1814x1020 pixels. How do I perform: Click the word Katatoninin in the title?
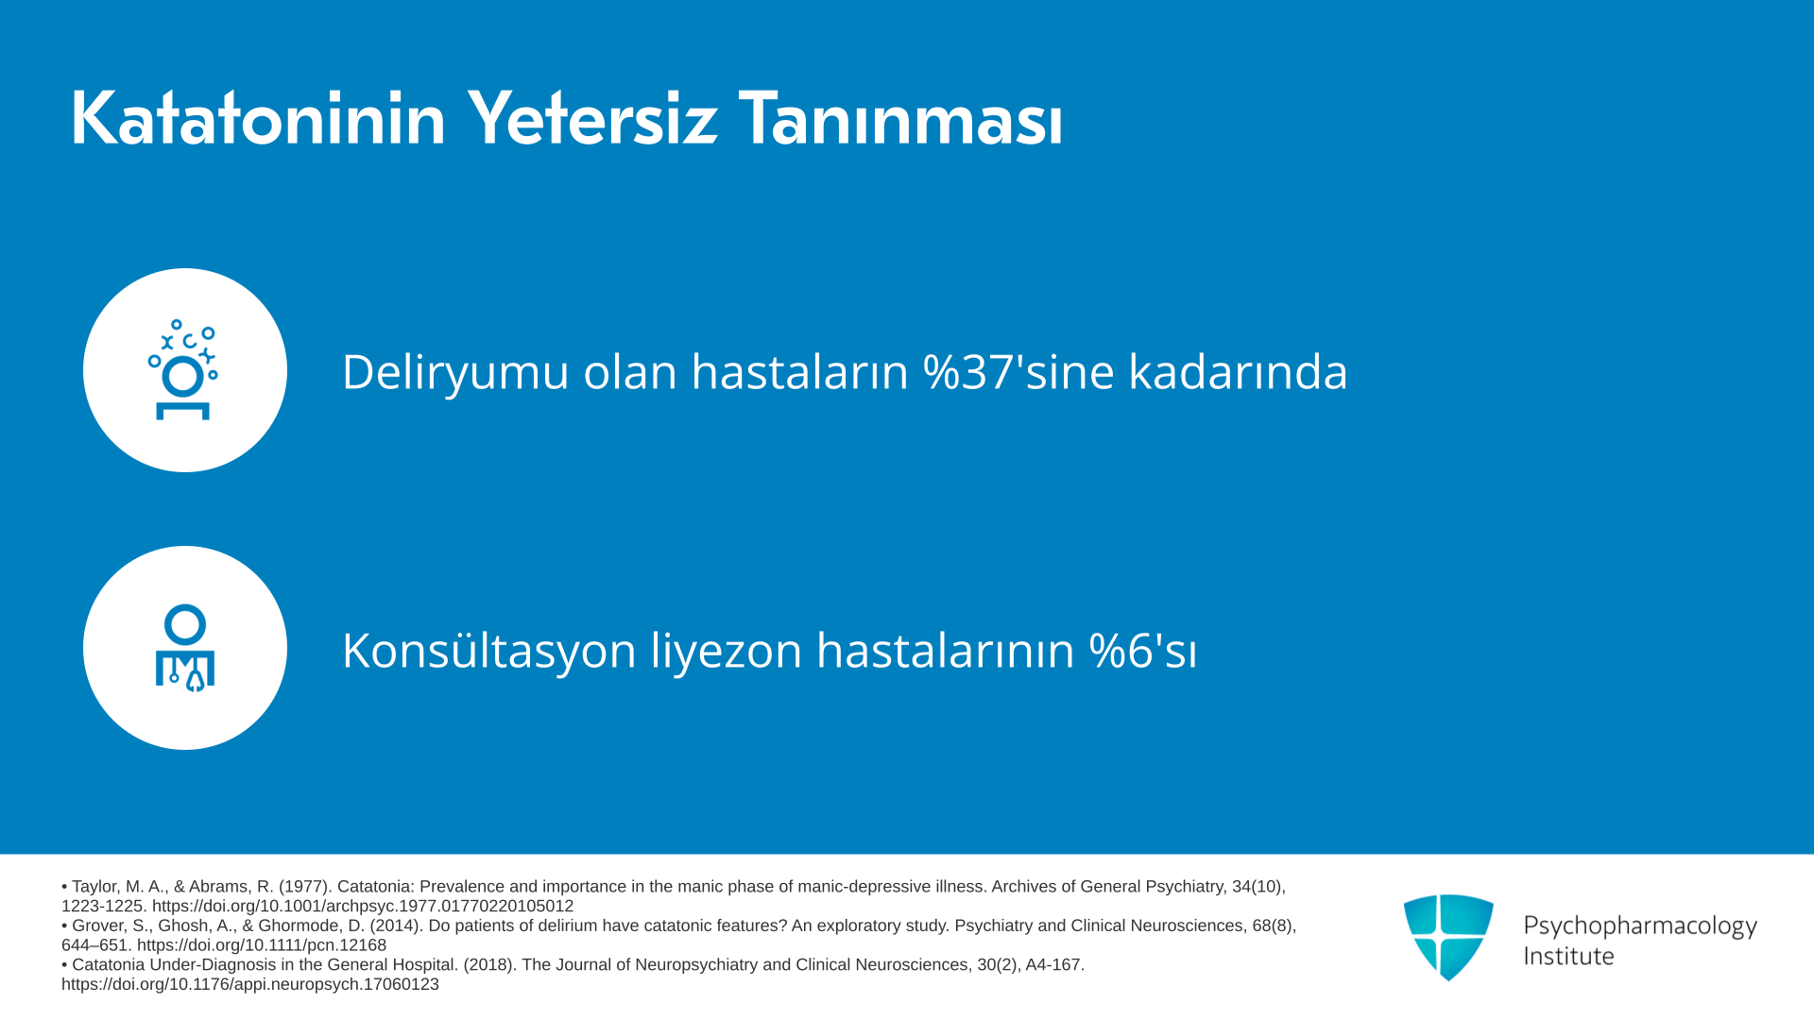[258, 119]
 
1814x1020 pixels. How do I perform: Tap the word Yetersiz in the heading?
[592, 119]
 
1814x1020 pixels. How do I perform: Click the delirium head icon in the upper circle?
[183, 369]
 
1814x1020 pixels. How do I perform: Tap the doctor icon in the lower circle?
[185, 648]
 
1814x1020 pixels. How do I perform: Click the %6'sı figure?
[1143, 650]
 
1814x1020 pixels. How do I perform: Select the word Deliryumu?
[453, 372]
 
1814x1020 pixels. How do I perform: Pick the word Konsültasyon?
[489, 650]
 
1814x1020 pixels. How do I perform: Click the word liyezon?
[727, 652]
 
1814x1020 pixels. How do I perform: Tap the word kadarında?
[1239, 371]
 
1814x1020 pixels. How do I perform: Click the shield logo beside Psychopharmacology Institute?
[1448, 937]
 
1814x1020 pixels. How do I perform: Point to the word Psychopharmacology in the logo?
[1640, 926]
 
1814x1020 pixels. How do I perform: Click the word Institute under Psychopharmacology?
[1568, 956]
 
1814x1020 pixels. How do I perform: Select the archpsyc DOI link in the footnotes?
[363, 906]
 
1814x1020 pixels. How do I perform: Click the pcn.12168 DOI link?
[262, 945]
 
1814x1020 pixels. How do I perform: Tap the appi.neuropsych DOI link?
[250, 984]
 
